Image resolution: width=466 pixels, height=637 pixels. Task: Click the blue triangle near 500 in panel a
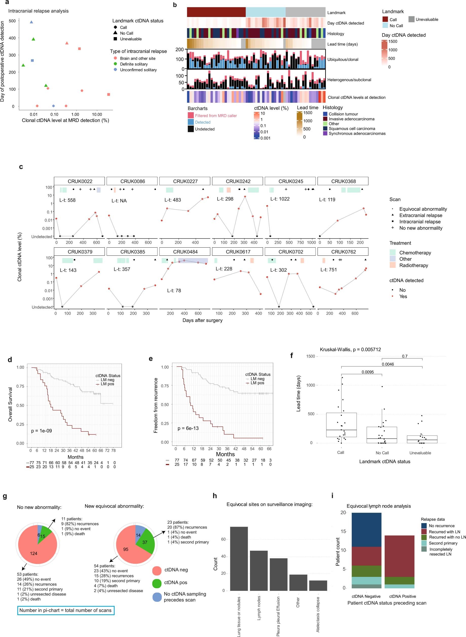click(31, 22)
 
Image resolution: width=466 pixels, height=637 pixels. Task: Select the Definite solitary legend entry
click(133, 64)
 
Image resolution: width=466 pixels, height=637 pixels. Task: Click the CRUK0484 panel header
click(185, 252)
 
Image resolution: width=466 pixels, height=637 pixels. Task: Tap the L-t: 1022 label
click(280, 199)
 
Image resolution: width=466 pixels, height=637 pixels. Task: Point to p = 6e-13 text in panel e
click(188, 428)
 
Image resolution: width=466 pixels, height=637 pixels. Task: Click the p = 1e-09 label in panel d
click(42, 431)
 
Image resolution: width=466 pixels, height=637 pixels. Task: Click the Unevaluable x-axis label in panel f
click(420, 453)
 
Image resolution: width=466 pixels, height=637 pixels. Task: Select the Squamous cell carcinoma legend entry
click(352, 129)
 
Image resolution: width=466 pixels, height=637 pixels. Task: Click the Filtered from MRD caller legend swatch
click(191, 115)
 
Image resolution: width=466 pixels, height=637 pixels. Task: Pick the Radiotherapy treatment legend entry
click(413, 265)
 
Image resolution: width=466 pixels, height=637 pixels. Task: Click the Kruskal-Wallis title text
click(350, 349)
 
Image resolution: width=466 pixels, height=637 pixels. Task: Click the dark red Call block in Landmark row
click(216, 12)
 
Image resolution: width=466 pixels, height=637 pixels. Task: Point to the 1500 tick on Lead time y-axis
click(310, 356)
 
